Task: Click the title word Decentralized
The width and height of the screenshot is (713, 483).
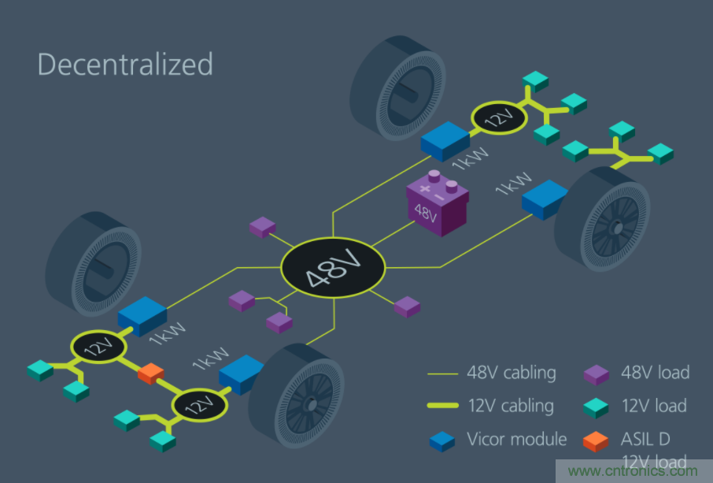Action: point(125,64)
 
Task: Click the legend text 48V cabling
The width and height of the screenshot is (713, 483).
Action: point(512,373)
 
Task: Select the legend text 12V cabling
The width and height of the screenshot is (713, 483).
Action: point(512,406)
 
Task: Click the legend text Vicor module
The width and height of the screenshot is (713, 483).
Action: point(515,440)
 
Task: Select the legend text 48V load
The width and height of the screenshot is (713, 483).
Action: point(656,373)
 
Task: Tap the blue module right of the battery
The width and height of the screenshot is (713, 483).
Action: point(545,199)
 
